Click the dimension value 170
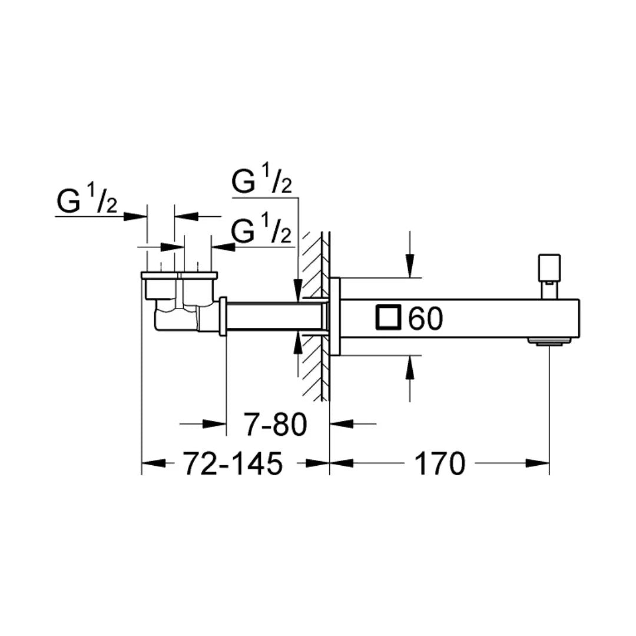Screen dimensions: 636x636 pyautogui.click(x=440, y=464)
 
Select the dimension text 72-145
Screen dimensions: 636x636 pyautogui.click(x=233, y=464)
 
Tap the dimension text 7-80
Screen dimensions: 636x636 pyautogui.click(x=276, y=425)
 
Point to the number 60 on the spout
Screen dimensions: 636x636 pyautogui.click(x=425, y=319)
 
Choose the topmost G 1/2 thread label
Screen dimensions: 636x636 pyautogui.click(x=261, y=181)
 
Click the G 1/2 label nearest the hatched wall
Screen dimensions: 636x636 pyautogui.click(x=261, y=231)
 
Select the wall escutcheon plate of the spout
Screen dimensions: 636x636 pyautogui.click(x=335, y=316)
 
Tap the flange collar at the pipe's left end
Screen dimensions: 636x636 pyautogui.click(x=223, y=317)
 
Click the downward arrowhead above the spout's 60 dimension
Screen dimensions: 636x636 pyautogui.click(x=410, y=268)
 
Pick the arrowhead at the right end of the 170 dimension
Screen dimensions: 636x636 pyautogui.click(x=541, y=463)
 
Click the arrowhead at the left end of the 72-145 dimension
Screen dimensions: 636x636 pyautogui.click(x=151, y=463)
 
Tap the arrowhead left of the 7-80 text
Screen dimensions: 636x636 pyautogui.click(x=218, y=423)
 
